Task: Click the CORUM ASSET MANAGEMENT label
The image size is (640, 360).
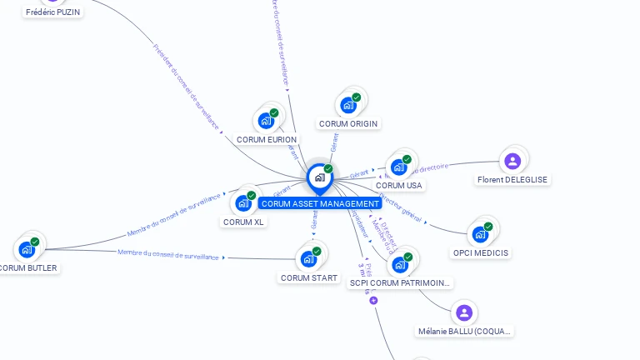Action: click(320, 203)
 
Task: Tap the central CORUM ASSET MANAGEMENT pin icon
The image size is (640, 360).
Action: click(319, 177)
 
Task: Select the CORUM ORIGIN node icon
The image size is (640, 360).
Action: click(348, 105)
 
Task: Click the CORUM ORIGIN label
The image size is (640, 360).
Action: click(348, 124)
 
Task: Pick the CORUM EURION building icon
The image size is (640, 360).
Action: click(267, 121)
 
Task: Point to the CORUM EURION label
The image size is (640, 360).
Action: click(266, 140)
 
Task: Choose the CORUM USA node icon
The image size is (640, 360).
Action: click(399, 167)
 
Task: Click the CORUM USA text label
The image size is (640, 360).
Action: click(398, 186)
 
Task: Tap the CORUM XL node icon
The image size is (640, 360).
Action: click(243, 202)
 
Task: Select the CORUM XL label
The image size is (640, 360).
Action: click(243, 222)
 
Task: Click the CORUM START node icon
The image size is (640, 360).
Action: click(309, 258)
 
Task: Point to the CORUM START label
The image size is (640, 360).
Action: click(309, 278)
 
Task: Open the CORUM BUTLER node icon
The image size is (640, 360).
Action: click(27, 249)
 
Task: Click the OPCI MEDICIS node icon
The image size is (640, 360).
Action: click(481, 233)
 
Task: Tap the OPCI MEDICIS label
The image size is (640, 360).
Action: click(481, 252)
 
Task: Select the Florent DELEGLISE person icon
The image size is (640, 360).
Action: click(512, 160)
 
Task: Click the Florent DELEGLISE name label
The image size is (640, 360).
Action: click(512, 179)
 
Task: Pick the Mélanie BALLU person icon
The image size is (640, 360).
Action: click(464, 312)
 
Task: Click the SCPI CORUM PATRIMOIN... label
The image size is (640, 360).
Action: click(400, 283)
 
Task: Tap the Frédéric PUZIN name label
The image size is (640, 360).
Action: click(53, 12)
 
